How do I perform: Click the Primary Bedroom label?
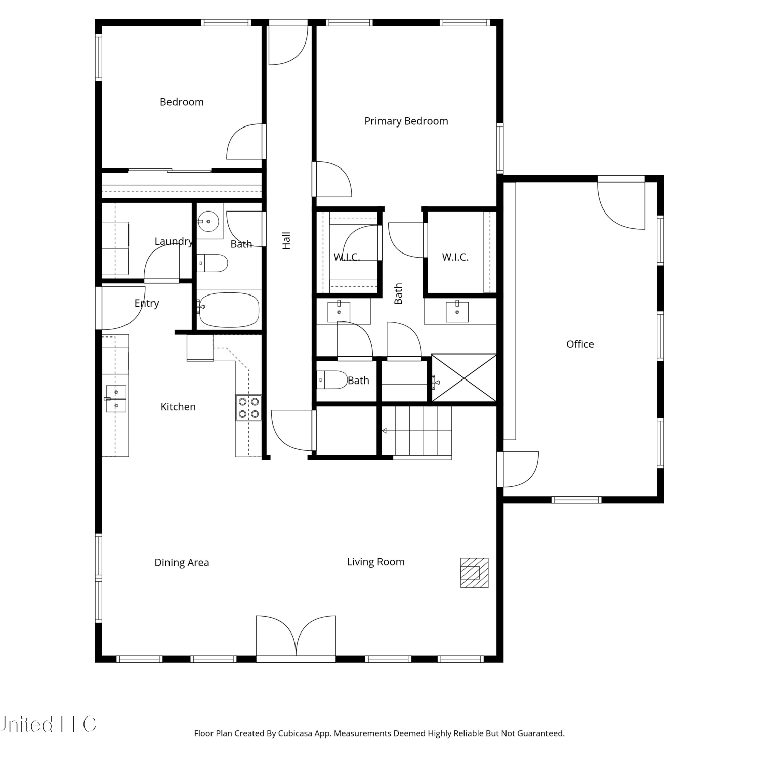406,121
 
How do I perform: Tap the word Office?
580,344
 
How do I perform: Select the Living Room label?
376,562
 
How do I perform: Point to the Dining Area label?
182,563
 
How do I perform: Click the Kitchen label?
178,407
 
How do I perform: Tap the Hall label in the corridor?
286,240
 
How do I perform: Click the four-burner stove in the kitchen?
248,408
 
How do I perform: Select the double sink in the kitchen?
116,399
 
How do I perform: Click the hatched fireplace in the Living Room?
474,573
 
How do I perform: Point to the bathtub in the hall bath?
229,309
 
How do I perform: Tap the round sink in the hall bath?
208,221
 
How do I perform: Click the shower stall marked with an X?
463,378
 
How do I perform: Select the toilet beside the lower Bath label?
331,380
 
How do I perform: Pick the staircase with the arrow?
416,432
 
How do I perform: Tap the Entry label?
147,304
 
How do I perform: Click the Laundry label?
174,242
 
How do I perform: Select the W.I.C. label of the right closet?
455,257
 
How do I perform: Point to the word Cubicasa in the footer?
295,733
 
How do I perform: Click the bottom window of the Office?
576,500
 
